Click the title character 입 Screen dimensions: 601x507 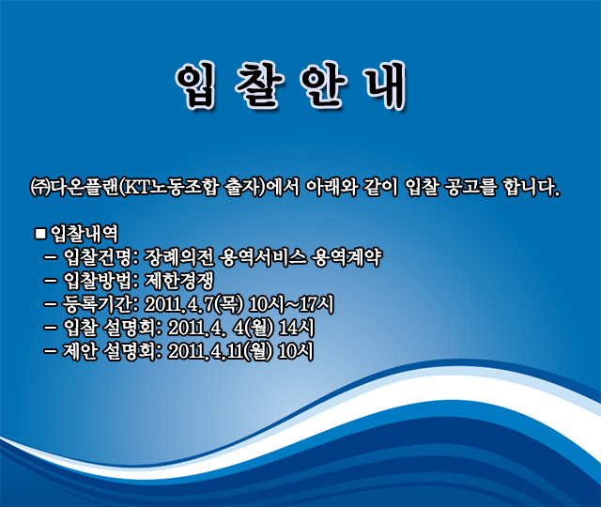coord(194,85)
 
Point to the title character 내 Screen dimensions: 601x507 coord(385,85)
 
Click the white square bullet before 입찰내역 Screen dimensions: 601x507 coord(40,234)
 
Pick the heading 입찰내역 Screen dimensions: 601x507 coord(85,234)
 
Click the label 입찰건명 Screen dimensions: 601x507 coord(98,257)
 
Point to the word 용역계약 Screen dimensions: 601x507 coord(347,257)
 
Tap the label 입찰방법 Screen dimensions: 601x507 coord(98,281)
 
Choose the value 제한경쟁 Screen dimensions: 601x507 coord(178,281)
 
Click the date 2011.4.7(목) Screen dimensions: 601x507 coord(194,304)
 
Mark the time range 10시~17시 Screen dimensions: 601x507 coord(291,304)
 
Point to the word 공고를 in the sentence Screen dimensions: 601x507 coord(470,188)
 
